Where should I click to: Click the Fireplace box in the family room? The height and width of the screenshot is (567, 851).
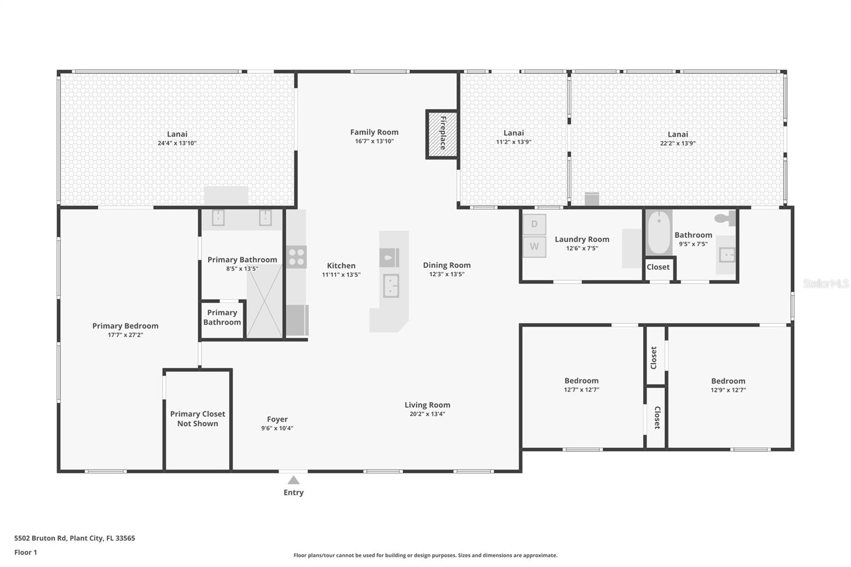click(442, 134)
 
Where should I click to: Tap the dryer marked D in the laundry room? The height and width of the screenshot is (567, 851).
click(534, 224)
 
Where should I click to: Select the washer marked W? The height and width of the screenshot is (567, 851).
click(534, 247)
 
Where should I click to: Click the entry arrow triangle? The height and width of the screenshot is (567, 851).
click(294, 480)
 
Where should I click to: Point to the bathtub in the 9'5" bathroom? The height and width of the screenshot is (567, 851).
click(659, 233)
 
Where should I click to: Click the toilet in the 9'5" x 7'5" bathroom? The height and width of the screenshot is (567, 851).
click(724, 218)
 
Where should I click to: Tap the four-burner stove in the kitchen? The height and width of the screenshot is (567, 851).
click(296, 256)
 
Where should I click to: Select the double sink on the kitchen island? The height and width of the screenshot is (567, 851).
click(391, 286)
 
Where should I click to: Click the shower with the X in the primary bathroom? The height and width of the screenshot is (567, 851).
click(264, 301)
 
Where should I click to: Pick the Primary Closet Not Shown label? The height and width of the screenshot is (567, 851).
click(197, 419)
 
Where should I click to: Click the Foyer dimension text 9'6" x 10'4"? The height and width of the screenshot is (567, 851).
click(277, 428)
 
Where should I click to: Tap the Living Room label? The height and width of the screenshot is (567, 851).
click(427, 405)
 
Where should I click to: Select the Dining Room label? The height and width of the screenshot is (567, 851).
click(447, 265)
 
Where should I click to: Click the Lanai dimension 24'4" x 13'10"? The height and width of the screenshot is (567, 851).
click(177, 143)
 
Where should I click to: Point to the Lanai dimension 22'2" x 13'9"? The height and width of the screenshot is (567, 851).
click(678, 143)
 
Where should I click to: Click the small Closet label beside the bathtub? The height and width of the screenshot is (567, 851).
click(658, 267)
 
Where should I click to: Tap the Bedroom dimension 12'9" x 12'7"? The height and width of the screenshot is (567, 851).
click(728, 390)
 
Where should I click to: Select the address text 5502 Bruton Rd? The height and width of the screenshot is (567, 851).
click(74, 538)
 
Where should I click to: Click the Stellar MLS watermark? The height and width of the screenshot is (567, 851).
click(826, 283)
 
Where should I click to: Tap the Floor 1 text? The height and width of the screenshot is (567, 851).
click(26, 552)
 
